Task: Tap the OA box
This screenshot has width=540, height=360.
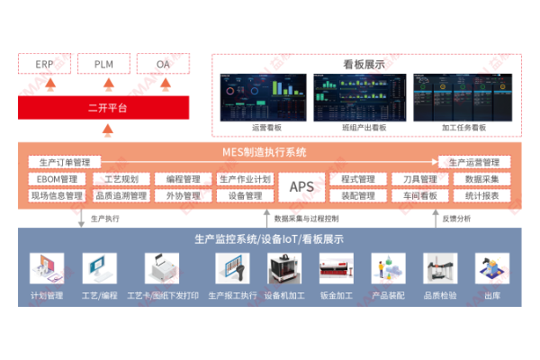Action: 163,65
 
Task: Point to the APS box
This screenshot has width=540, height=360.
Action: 301,186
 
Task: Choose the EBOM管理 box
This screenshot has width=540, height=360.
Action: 56,179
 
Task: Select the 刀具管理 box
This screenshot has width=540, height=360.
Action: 420,179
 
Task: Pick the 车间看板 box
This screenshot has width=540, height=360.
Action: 420,195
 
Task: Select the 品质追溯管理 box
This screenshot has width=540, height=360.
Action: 121,195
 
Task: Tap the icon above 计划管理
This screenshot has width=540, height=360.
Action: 47,268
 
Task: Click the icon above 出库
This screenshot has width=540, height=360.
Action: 492,268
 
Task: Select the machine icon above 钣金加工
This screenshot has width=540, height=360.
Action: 337,268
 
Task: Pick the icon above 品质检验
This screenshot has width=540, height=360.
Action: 441,268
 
